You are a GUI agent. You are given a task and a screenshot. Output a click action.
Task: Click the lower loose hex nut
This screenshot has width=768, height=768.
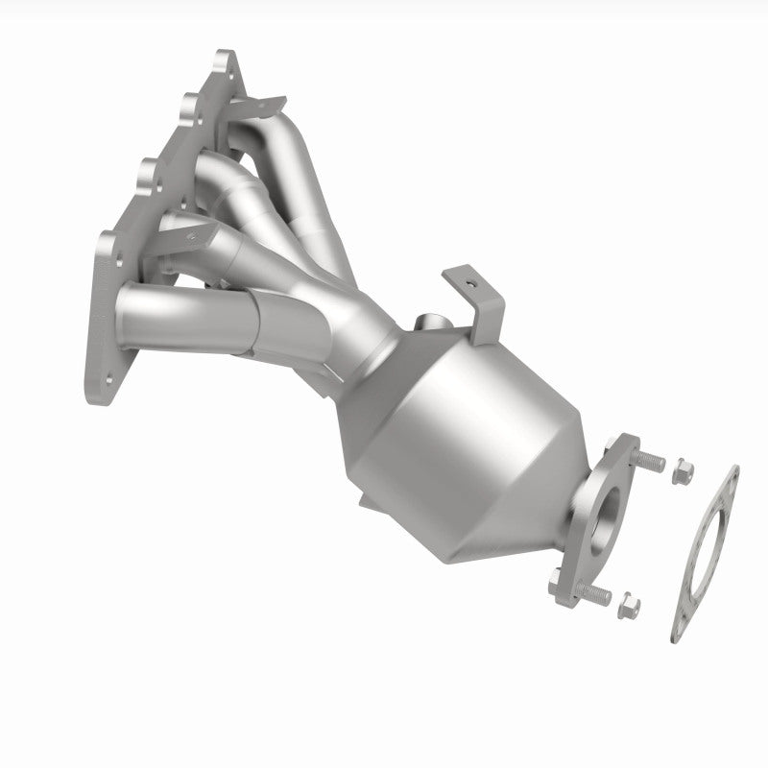coord(630,604)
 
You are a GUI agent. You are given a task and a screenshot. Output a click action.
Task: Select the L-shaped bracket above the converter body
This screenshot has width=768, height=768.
coord(479,298)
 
